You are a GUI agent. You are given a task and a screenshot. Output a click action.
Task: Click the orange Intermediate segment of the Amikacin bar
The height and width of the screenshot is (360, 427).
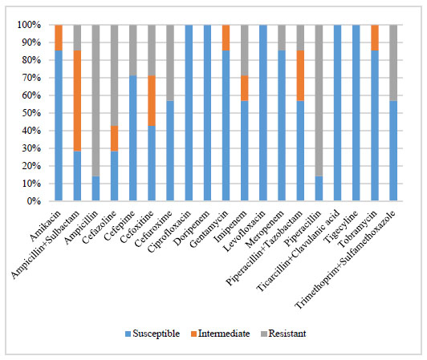(59, 38)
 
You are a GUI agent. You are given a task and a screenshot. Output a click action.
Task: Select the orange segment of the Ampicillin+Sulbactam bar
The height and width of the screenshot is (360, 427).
(77, 101)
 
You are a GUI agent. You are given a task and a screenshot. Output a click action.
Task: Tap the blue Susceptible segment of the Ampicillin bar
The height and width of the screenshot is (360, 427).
(96, 188)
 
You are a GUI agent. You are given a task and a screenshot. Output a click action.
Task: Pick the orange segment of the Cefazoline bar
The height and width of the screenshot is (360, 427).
(114, 139)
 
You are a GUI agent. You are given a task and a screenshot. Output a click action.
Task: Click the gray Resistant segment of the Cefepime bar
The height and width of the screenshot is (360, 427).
(133, 51)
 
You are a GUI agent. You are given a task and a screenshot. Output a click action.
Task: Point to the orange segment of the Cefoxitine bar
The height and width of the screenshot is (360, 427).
(152, 101)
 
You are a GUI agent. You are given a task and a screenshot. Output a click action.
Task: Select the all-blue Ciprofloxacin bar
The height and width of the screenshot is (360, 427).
(189, 113)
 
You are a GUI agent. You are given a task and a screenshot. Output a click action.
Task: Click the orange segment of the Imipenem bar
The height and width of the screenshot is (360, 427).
(245, 88)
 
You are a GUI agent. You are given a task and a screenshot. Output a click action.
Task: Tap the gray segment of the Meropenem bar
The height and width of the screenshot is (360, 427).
(282, 38)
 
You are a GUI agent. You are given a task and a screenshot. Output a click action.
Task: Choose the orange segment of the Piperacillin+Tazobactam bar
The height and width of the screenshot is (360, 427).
(300, 75)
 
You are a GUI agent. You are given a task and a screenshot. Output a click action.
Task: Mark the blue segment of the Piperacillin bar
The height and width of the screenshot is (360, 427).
(319, 188)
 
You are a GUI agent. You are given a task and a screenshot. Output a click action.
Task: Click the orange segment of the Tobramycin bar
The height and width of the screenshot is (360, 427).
(375, 38)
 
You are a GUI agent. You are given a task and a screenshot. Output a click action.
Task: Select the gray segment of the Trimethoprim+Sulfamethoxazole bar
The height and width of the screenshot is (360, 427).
(393, 63)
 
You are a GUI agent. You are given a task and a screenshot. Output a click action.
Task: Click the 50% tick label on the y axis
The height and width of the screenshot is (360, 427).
(31, 113)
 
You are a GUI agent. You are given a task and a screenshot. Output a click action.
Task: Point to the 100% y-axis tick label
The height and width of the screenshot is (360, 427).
(29, 25)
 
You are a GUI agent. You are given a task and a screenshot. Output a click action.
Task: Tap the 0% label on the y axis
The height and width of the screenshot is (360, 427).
(34, 201)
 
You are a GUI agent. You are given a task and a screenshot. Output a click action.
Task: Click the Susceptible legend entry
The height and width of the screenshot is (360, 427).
(152, 334)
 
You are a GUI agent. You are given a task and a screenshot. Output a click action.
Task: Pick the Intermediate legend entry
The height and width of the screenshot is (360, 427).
(220, 334)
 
